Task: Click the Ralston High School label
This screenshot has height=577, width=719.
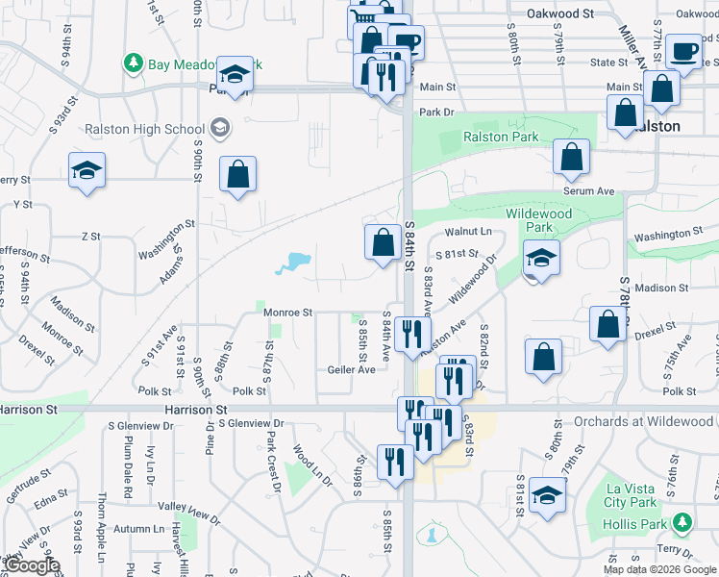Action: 143,129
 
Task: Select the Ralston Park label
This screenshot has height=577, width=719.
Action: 501,137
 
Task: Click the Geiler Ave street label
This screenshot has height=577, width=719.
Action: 351,369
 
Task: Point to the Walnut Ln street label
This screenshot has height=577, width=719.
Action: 468,231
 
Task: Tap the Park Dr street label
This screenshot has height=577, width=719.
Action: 435,113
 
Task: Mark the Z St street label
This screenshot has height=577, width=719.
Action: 91,236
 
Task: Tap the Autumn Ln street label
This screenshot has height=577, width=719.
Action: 138,529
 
